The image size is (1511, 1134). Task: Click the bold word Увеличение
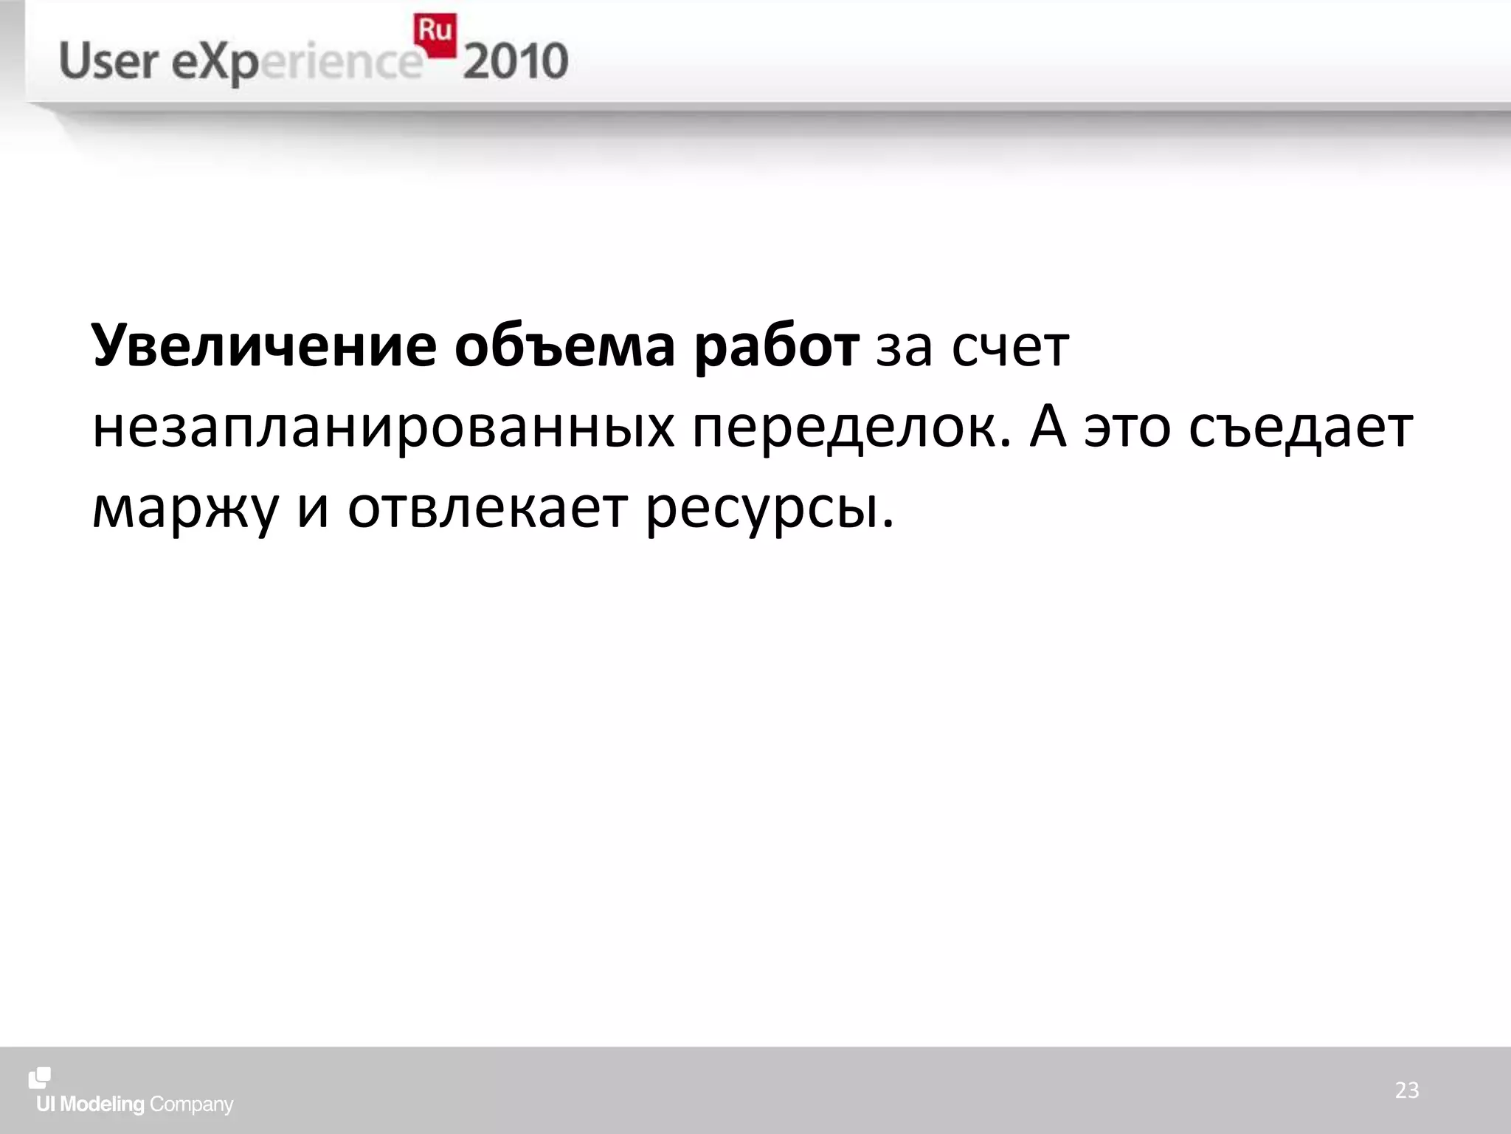tap(264, 346)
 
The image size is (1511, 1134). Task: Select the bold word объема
tap(564, 346)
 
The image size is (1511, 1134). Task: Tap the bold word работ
tap(776, 346)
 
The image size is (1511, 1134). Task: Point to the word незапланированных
tap(383, 427)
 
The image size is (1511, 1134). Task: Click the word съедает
tap(1301, 427)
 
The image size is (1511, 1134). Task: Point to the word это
tap(1127, 427)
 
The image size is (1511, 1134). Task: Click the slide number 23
tap(1406, 1090)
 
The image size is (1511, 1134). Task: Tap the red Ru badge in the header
tap(435, 33)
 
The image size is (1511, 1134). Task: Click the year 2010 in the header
tap(516, 61)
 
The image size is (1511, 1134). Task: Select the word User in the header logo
tap(109, 61)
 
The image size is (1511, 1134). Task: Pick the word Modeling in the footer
tap(102, 1104)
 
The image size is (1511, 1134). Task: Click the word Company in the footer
tap(191, 1105)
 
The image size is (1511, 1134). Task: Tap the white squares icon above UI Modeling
tap(40, 1079)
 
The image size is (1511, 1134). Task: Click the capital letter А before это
tap(1048, 427)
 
